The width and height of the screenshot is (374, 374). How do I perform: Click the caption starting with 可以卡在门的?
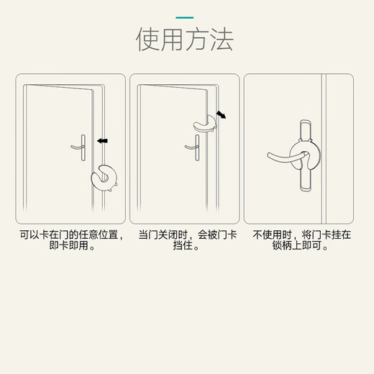[x=70, y=235]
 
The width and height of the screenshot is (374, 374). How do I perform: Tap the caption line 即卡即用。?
[x=70, y=247]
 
